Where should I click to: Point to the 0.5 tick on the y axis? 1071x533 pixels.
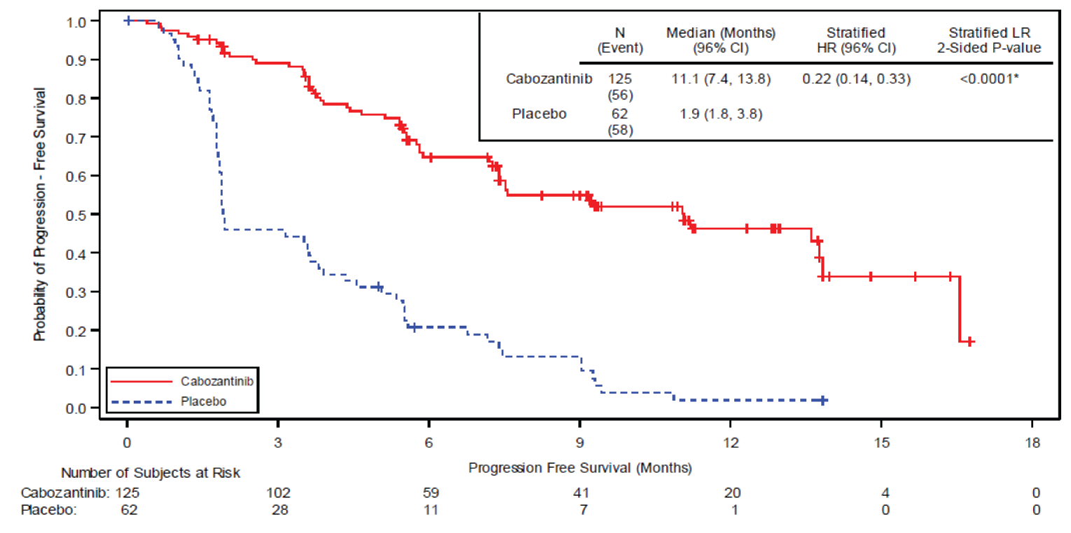click(x=78, y=214)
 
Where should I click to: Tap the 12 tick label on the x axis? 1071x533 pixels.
click(x=730, y=443)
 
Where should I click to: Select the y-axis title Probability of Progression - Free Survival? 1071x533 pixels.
click(x=40, y=214)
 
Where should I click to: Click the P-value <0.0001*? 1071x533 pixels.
click(x=988, y=79)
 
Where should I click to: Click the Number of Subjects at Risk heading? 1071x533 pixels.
click(x=150, y=473)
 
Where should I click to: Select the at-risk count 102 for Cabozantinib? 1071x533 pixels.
click(x=278, y=492)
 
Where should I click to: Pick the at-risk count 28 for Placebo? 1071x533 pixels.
click(x=279, y=510)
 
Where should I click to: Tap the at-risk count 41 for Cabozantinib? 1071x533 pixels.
click(x=580, y=492)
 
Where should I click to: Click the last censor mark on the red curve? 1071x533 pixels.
click(x=970, y=342)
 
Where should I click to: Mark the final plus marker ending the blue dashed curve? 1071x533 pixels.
click(x=824, y=400)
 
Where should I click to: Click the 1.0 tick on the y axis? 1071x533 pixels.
click(x=78, y=21)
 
